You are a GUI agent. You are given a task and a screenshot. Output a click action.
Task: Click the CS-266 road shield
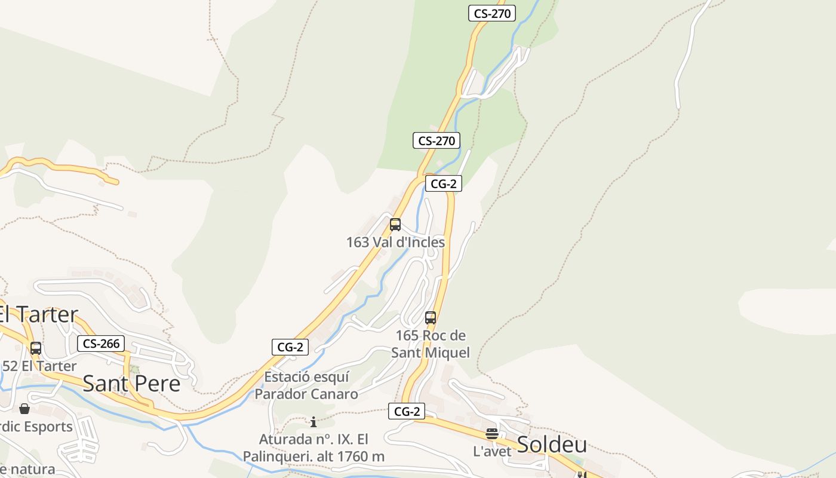click(101, 344)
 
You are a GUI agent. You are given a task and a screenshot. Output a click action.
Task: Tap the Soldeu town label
click(552, 445)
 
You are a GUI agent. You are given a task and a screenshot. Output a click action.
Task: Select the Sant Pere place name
click(131, 383)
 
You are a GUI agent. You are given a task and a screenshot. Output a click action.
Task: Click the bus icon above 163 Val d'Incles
click(395, 225)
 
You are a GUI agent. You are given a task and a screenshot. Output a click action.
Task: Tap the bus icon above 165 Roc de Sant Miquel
click(431, 317)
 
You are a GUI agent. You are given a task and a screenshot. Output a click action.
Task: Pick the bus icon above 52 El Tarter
click(36, 348)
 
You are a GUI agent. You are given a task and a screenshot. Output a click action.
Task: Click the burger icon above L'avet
click(492, 433)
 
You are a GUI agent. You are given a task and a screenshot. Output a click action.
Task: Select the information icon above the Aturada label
click(314, 422)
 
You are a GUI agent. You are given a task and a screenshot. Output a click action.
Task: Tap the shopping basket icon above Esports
click(24, 409)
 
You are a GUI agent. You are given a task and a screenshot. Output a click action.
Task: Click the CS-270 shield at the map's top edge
click(492, 13)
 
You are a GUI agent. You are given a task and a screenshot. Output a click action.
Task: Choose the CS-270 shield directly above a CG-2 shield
click(437, 141)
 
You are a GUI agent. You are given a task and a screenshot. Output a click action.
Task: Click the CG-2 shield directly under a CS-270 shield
click(444, 183)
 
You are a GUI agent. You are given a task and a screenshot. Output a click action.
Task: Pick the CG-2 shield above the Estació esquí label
click(290, 347)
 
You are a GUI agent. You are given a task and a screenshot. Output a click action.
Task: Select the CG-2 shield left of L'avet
click(407, 411)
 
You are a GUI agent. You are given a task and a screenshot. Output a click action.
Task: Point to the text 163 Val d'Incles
click(395, 242)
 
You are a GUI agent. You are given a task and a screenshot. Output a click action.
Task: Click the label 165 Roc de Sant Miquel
click(431, 344)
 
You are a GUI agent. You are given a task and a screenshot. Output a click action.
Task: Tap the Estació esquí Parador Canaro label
click(306, 385)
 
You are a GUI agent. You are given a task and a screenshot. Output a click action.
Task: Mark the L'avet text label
click(492, 451)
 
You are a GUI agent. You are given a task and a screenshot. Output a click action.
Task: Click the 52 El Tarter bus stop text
click(39, 366)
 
